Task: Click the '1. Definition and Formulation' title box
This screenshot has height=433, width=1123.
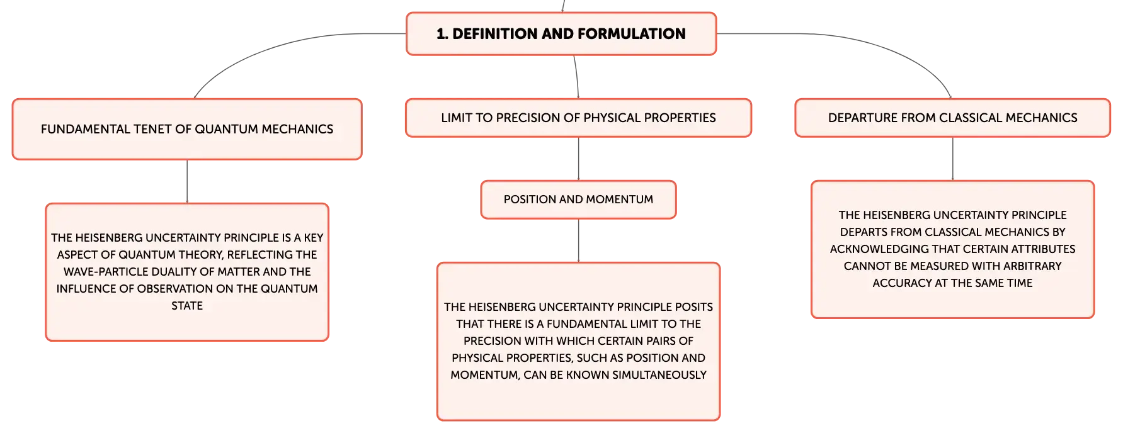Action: point(561,34)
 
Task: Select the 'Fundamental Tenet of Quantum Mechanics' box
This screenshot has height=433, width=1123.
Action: point(187,129)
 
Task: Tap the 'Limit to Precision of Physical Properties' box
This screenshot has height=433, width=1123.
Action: point(578,118)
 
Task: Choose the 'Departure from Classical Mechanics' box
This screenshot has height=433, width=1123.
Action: point(952,118)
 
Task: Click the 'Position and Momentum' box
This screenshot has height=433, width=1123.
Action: point(578,200)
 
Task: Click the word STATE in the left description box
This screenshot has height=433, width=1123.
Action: point(187,306)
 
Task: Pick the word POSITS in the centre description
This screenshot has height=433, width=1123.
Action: point(694,307)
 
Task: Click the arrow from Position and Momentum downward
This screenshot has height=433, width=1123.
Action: point(578,240)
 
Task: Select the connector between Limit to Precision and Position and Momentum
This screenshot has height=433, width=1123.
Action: point(578,159)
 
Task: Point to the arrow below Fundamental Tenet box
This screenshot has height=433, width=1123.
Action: point(187,181)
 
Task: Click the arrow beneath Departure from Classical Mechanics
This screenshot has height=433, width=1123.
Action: point(952,159)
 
